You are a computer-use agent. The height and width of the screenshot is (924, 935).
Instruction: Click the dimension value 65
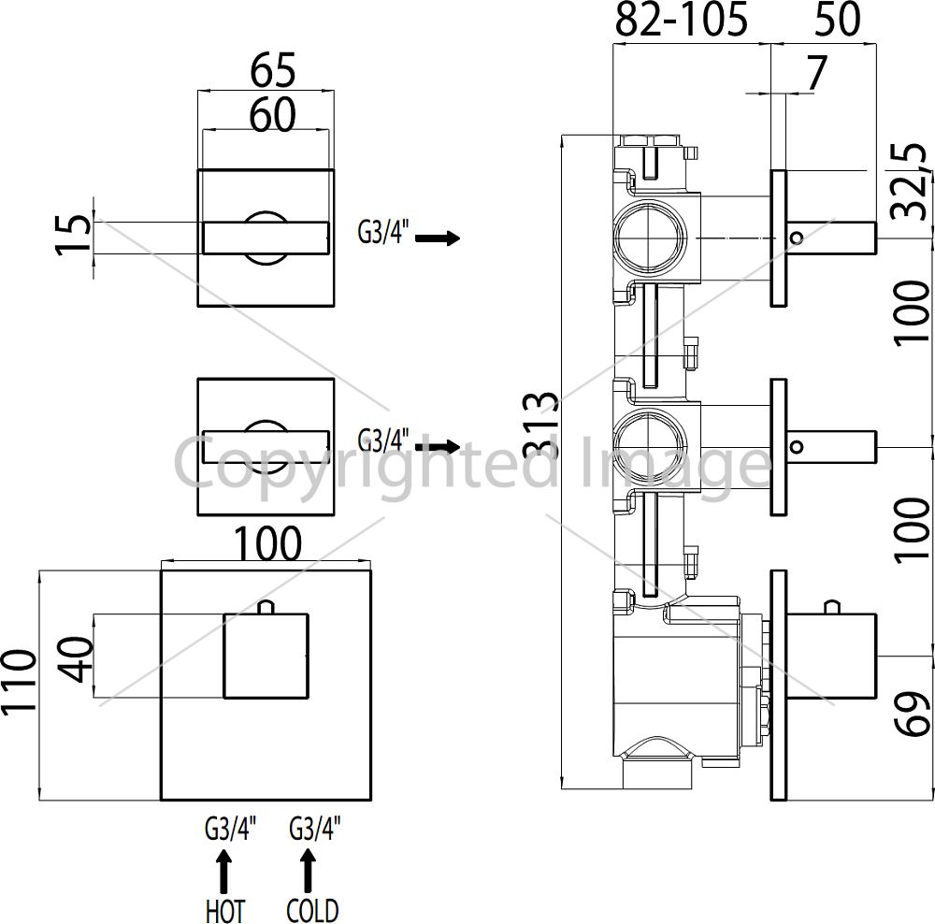click(272, 70)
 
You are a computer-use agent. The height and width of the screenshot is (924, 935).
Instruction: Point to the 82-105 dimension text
click(681, 20)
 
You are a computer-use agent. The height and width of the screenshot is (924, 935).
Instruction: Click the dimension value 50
click(837, 19)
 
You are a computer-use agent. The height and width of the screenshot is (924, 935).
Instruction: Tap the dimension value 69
click(913, 714)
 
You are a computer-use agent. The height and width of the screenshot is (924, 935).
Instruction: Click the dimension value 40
click(77, 658)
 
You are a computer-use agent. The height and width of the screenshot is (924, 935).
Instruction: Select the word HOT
click(224, 911)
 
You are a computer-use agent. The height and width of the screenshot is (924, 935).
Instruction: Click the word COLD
click(312, 911)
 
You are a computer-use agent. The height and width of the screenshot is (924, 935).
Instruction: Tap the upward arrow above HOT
click(224, 870)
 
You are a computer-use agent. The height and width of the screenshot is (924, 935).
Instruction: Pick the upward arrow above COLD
click(309, 870)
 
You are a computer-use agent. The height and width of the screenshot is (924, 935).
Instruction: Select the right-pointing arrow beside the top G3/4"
click(438, 238)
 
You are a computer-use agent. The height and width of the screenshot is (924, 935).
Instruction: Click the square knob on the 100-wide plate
click(266, 656)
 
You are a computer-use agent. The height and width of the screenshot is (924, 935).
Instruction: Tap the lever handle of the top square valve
click(266, 238)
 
